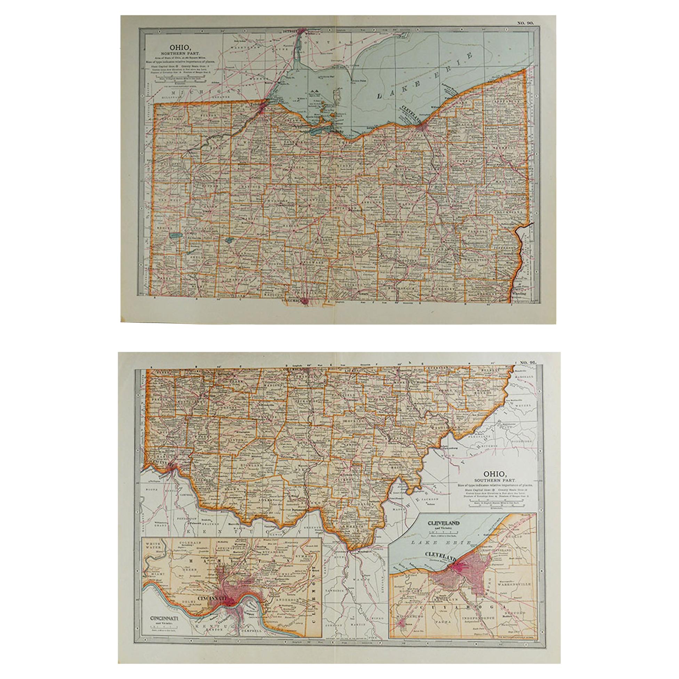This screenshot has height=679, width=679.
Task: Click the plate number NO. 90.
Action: (x=525, y=23)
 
